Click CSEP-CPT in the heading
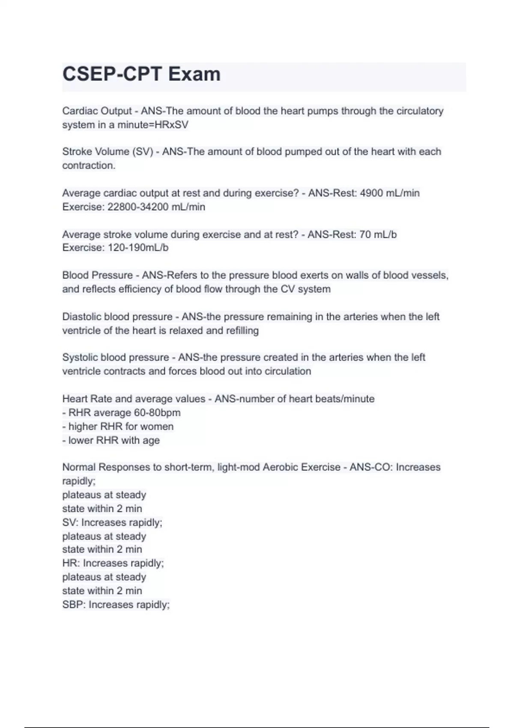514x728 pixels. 112,75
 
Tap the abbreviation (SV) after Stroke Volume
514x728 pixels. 143,152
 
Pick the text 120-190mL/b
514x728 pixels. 138,248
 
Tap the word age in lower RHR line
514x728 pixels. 151,440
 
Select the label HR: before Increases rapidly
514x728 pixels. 71,563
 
